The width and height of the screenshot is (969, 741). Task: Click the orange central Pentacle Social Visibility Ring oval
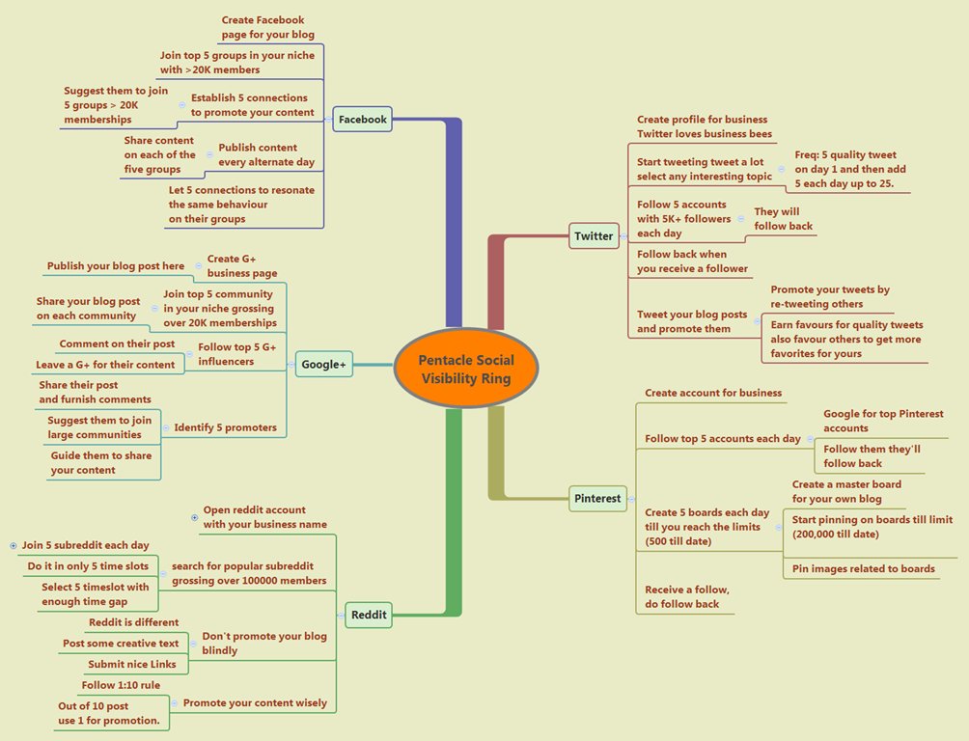click(466, 368)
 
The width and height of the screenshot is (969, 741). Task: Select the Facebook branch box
click(362, 120)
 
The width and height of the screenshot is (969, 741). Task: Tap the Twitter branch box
click(594, 235)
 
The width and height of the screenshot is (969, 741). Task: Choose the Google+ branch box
click(323, 364)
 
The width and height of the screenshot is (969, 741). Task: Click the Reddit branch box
click(368, 615)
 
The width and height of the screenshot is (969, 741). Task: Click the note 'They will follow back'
click(783, 219)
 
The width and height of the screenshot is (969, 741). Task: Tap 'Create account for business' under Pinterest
click(713, 393)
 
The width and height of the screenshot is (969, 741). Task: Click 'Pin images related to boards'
click(863, 568)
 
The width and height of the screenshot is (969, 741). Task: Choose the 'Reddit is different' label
click(133, 622)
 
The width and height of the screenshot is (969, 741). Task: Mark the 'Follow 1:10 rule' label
click(121, 685)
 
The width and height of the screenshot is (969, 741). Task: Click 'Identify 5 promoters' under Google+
click(225, 427)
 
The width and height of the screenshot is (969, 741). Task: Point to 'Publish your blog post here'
click(115, 266)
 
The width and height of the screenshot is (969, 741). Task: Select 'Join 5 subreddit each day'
click(85, 545)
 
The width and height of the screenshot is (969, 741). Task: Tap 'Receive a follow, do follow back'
click(687, 597)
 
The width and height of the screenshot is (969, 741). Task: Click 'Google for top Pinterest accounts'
click(883, 421)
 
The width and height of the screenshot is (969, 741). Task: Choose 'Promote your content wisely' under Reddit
click(255, 702)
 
